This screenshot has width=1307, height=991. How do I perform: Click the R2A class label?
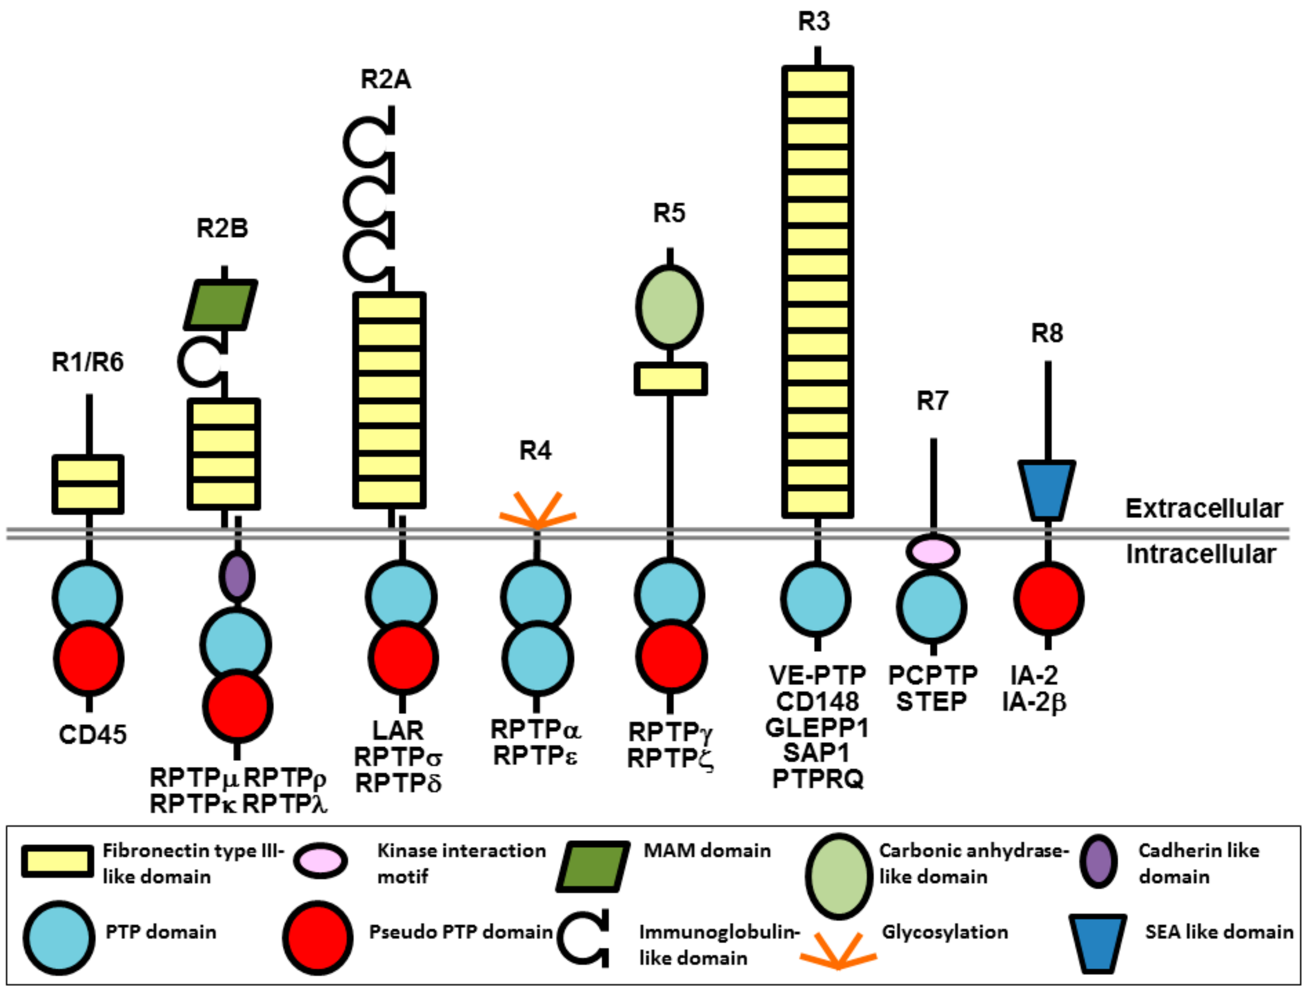(385, 79)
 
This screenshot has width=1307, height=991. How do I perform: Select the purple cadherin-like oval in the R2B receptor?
(237, 576)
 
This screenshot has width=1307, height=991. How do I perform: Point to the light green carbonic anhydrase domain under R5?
(669, 307)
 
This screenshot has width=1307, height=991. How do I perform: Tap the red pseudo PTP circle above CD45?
(89, 658)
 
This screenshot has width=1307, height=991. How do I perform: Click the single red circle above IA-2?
(1049, 598)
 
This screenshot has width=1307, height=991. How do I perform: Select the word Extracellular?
(1204, 508)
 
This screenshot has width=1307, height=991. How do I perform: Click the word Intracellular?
(1201, 554)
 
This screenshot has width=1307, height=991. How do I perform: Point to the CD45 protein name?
(93, 734)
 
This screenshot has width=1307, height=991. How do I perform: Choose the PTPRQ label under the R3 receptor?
(818, 779)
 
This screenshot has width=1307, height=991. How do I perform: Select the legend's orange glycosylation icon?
(838, 950)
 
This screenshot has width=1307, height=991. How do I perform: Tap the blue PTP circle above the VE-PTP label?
(816, 599)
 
